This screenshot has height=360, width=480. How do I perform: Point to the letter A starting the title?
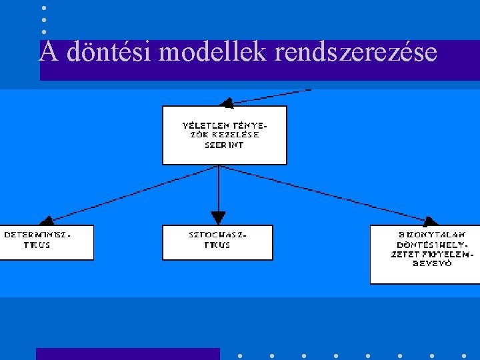click(x=47, y=52)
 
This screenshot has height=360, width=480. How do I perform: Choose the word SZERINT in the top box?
click(x=224, y=144)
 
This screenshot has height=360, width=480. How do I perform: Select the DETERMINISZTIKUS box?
click(x=47, y=242)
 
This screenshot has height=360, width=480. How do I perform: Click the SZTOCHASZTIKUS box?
click(x=217, y=242)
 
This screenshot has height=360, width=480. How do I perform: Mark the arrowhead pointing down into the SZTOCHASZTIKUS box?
click(x=218, y=218)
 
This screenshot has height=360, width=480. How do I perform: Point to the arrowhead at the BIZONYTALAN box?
click(x=430, y=221)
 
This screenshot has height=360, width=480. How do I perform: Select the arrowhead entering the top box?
click(x=227, y=102)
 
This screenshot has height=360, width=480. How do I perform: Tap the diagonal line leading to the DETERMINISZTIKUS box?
click(x=127, y=194)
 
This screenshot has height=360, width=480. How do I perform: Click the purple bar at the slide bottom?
click(x=127, y=353)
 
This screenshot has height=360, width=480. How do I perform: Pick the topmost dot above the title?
click(x=43, y=8)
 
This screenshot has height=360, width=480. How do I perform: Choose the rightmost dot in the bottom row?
click(x=463, y=355)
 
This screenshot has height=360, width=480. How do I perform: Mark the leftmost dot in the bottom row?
click(x=239, y=355)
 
